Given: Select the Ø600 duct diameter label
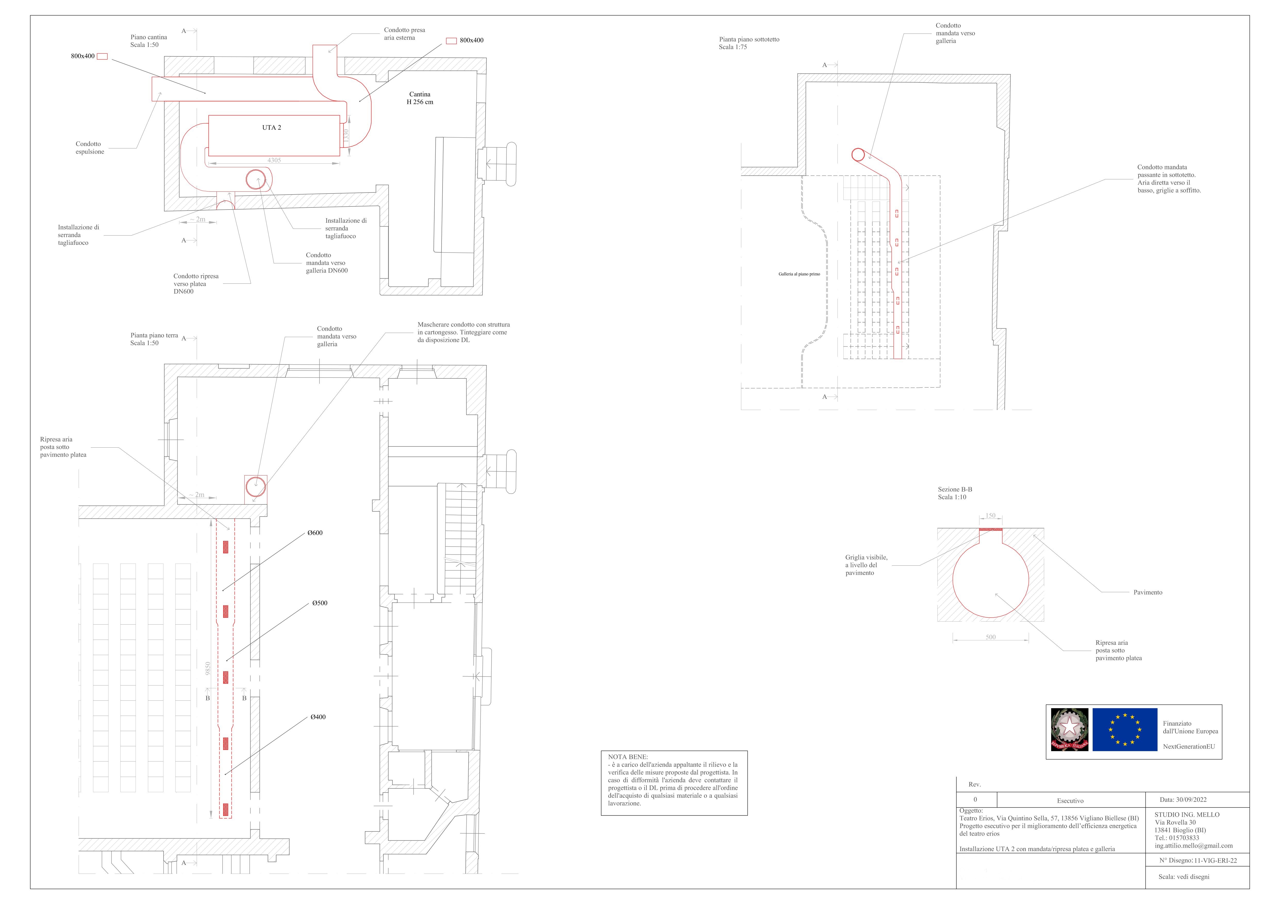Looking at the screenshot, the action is [x=315, y=533].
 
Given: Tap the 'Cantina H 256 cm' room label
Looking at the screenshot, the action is [x=420, y=98].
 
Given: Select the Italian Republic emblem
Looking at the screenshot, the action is [x=1069, y=730].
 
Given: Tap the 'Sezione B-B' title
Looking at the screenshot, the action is [x=955, y=489].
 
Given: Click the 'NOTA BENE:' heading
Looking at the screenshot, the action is [x=628, y=757].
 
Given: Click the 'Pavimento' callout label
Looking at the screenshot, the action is [x=1148, y=592].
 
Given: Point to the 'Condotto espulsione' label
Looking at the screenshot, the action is [x=90, y=148].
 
